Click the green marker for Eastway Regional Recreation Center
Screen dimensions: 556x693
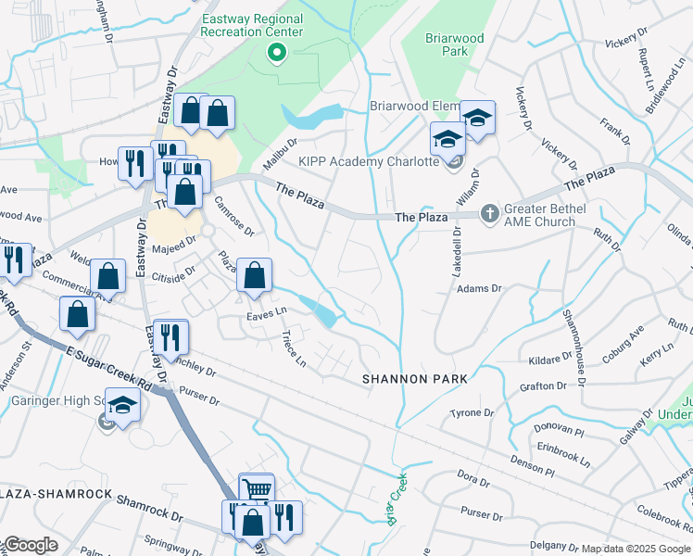pyautogui.click(x=275, y=53)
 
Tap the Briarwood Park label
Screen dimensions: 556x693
pyautogui.click(x=447, y=44)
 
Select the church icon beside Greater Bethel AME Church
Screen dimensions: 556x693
pyautogui.click(x=489, y=214)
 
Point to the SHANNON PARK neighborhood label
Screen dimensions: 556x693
pyautogui.click(x=414, y=380)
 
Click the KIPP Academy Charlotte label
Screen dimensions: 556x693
pyautogui.click(x=368, y=161)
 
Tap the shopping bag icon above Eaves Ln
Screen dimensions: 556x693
pyautogui.click(x=254, y=276)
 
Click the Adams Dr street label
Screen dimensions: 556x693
pyautogui.click(x=479, y=289)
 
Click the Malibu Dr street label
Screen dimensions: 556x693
pyautogui.click(x=279, y=150)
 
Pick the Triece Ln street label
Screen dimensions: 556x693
pyautogui.click(x=293, y=348)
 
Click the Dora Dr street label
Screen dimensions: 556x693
pyautogui.click(x=472, y=479)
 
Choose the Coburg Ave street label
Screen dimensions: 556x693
pyautogui.click(x=624, y=340)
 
